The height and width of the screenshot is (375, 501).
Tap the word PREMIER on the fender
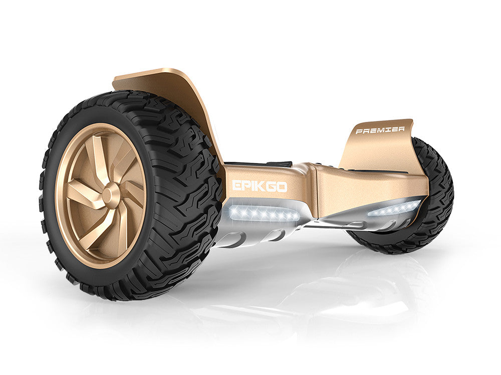[x=380, y=130]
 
